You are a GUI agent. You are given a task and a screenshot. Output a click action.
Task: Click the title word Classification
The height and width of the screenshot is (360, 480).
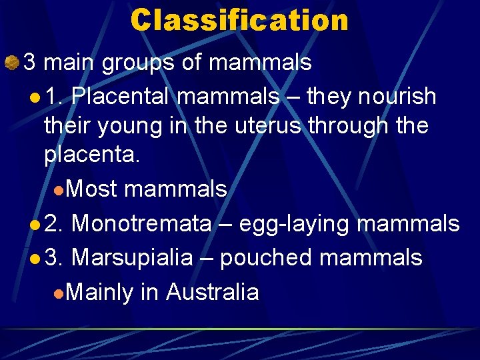coord(239,20)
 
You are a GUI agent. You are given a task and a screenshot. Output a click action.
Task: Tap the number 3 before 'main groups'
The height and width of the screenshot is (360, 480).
coord(30,63)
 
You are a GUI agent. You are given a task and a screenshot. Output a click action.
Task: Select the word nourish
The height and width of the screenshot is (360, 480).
coord(397,97)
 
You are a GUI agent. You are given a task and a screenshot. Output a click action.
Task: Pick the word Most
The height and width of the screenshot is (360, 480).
coord(92,189)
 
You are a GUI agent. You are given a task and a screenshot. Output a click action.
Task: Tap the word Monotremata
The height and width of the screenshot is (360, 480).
coord(141,223)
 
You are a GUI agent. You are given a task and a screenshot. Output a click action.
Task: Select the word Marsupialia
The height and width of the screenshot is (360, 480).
coord(131,257)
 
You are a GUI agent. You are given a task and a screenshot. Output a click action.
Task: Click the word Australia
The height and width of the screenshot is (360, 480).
coord(212,292)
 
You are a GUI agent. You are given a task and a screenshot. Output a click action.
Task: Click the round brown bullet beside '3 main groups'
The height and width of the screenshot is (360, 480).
coord(11,63)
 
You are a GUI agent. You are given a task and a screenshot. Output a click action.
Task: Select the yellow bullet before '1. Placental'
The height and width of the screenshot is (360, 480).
coord(35,98)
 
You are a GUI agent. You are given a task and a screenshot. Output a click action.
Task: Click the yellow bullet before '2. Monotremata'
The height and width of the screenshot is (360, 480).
coord(35,225)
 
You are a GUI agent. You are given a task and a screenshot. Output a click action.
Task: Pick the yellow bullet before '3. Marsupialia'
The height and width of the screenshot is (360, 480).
coord(35,259)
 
